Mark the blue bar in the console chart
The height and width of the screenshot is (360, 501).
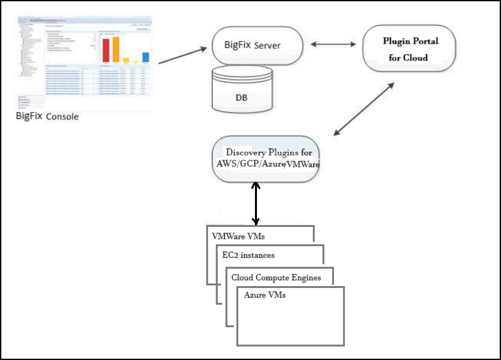click(x=145, y=57)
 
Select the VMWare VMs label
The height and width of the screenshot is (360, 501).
click(x=238, y=236)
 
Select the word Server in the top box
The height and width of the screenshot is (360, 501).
click(x=268, y=46)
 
